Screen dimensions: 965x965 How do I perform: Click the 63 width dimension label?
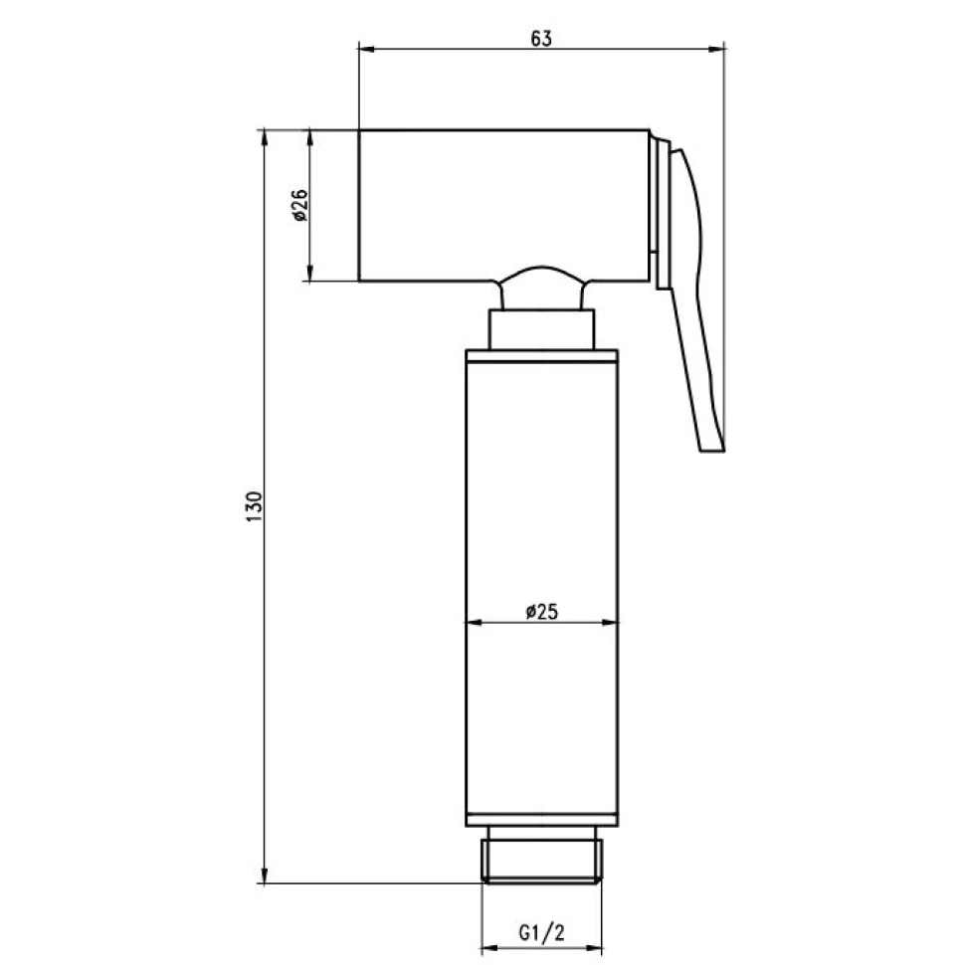tap(541, 39)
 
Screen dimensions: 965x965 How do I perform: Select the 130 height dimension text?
tap(254, 507)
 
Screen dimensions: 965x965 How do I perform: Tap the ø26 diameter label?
tap(299, 206)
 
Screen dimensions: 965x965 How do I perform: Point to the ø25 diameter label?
tap(541, 612)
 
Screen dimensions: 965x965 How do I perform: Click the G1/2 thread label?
tap(541, 933)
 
